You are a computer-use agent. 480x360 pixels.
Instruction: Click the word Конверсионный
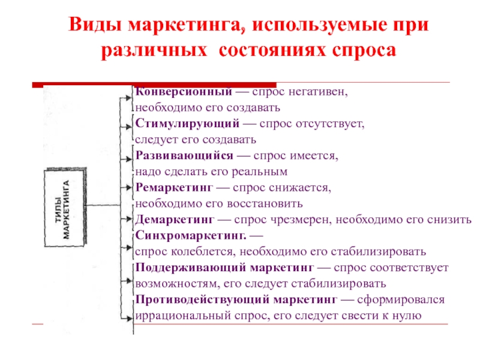[184, 92]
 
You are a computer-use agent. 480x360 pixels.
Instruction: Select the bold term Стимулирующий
[187, 124]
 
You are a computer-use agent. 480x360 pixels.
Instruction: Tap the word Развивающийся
[184, 155]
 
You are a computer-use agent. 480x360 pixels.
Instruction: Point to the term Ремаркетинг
[174, 187]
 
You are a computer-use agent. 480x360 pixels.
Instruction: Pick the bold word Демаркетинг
[175, 219]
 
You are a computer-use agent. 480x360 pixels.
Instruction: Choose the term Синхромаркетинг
[191, 235]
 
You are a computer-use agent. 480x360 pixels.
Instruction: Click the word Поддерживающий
[191, 268]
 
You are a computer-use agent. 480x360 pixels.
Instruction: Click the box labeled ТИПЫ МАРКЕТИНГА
[65, 207]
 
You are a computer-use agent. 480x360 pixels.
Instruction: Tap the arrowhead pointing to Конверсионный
[128, 98]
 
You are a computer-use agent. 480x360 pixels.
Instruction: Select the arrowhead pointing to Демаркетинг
[128, 219]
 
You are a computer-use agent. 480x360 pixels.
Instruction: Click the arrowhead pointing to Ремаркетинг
[128, 187]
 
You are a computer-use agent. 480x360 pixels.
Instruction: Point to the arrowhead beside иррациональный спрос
[128, 319]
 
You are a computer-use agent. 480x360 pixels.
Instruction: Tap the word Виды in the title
[95, 24]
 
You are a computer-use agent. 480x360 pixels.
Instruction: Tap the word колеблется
[203, 251]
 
